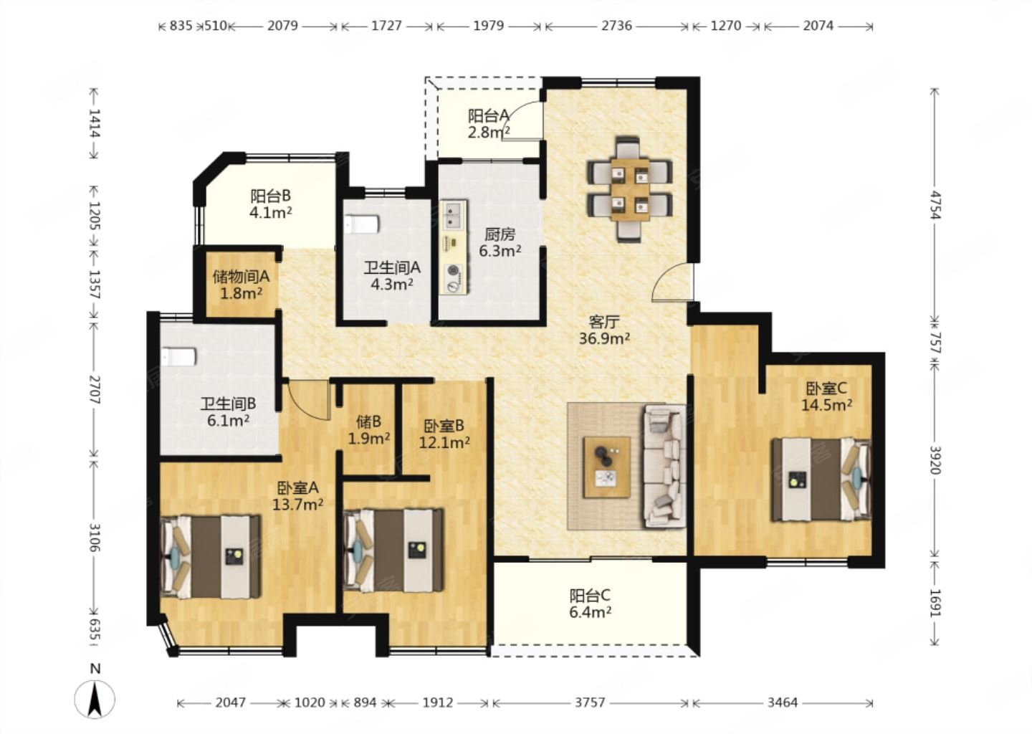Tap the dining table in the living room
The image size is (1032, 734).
click(630, 189)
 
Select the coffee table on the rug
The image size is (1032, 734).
click(607, 467)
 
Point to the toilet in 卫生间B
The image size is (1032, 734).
click(178, 357)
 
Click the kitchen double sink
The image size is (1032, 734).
click(454, 216)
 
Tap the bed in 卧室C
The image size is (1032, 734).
click(822, 480)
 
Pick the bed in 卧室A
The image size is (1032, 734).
click(211, 557)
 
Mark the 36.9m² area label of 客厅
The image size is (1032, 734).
click(604, 338)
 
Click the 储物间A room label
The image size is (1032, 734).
click(241, 277)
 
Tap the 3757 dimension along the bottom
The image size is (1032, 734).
click(590, 702)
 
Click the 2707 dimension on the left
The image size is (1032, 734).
click(95, 390)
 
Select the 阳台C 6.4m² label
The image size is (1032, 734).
click(591, 604)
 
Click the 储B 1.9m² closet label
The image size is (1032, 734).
click(368, 429)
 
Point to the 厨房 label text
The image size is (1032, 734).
click(500, 235)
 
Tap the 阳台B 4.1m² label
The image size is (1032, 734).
click(271, 204)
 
